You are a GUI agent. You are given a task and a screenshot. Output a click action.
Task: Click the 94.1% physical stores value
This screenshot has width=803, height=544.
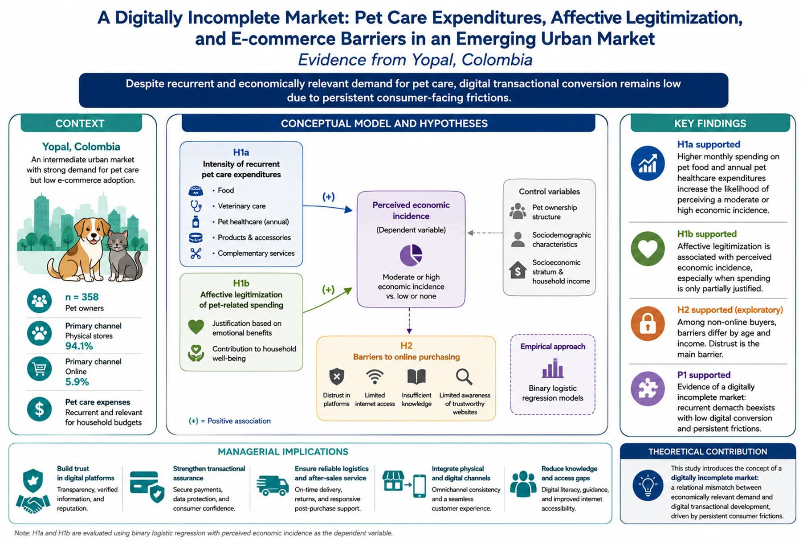pos(79,346)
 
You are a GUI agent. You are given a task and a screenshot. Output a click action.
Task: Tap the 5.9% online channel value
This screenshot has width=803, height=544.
pos(77,382)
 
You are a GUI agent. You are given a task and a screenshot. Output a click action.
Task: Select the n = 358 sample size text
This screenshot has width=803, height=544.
pos(82,297)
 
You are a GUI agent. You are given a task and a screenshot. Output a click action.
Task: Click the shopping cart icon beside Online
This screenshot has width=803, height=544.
pos(39,368)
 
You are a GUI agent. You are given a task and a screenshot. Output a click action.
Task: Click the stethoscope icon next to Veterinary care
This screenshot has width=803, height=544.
pos(196,206)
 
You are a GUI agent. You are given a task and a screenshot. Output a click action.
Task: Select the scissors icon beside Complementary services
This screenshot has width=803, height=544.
pos(196,254)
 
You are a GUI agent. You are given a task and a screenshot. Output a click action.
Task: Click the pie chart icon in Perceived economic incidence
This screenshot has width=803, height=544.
pos(411,255)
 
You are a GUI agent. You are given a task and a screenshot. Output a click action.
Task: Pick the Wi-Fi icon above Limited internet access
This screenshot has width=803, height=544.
pos(375,377)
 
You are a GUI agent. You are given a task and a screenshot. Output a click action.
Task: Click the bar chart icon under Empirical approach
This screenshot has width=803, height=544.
pos(552,369)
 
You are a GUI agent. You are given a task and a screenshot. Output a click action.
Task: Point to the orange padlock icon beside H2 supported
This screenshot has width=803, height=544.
pos(648,324)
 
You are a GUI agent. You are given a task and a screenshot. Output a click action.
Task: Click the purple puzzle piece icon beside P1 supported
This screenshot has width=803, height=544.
pos(648,389)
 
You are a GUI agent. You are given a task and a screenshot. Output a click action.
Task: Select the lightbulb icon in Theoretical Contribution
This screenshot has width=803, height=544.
pos(648,485)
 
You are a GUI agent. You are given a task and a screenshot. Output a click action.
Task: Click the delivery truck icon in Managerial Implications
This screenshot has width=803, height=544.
pos(273,485)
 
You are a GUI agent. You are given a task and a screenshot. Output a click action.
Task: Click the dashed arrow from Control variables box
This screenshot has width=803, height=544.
pos(485,233)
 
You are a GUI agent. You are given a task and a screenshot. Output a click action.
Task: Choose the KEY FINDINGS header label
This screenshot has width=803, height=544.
pos(710,123)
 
